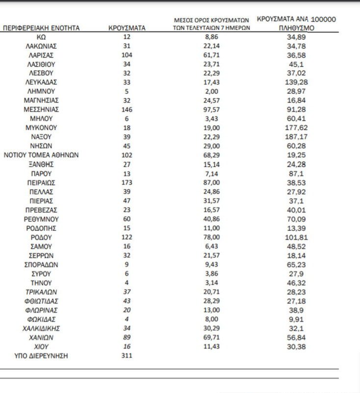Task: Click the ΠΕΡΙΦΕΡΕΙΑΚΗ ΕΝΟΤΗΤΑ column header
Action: pyautogui.click(x=41, y=28)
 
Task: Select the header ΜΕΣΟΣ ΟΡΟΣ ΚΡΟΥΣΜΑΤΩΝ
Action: pyautogui.click(x=212, y=20)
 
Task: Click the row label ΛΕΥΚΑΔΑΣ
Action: pyautogui.click(x=41, y=82)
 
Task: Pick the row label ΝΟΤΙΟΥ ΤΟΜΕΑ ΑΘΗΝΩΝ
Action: pyautogui.click(x=41, y=155)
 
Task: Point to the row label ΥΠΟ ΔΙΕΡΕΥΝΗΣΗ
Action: pyautogui.click(x=41, y=356)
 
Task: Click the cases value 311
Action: pyautogui.click(x=127, y=356)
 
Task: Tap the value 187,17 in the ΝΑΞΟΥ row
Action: pyautogui.click(x=295, y=137)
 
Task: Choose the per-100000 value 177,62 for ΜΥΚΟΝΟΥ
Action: pyautogui.click(x=295, y=128)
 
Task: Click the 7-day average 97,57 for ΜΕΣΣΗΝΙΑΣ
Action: pyautogui.click(x=212, y=110)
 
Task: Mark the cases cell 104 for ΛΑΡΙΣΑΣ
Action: pyautogui.click(x=127, y=55)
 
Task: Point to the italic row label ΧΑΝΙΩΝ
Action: pyautogui.click(x=41, y=338)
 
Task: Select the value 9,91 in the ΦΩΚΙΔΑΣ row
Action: pyautogui.click(x=295, y=319)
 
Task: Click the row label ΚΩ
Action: pyautogui.click(x=41, y=37)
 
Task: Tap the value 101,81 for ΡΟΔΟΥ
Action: pyautogui.click(x=295, y=238)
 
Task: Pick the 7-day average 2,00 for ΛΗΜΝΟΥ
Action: pyautogui.click(x=212, y=92)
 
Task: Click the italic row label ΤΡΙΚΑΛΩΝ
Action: pyautogui.click(x=41, y=292)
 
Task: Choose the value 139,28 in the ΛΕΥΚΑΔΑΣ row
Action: pyautogui.click(x=295, y=82)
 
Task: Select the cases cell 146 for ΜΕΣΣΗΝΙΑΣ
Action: pyautogui.click(x=127, y=110)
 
